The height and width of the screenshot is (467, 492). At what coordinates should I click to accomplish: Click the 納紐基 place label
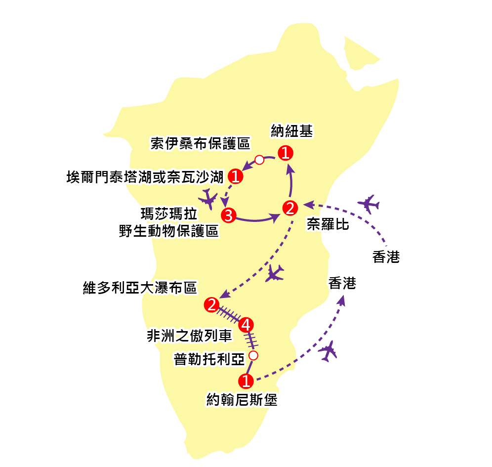point(291,131)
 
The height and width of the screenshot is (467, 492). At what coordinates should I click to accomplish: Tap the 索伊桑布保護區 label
point(200,144)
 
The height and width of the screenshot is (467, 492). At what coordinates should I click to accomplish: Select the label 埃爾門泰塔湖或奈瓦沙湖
point(145,177)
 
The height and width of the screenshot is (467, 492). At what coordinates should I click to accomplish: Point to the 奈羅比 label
point(328,224)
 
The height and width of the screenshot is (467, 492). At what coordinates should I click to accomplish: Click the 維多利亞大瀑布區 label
point(140,288)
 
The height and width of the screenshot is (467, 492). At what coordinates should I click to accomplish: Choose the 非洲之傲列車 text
point(189,336)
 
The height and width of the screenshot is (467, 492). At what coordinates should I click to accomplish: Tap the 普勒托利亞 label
point(209,359)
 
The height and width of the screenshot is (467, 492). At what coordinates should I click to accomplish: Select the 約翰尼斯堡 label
point(242,399)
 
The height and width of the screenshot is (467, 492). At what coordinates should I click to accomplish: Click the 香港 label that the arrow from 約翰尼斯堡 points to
point(342,283)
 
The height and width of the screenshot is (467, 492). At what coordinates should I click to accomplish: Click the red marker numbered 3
point(228,215)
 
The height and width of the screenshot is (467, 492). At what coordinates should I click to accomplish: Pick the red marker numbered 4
point(246,325)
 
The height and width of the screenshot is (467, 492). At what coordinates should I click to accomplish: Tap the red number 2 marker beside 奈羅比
point(290,208)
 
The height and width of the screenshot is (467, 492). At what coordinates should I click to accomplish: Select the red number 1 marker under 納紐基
point(286,153)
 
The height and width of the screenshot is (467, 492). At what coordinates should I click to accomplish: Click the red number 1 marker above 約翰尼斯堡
point(246,381)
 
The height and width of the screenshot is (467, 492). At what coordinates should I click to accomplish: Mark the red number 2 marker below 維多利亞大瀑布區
point(211,305)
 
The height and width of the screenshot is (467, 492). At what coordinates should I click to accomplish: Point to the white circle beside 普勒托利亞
point(253,356)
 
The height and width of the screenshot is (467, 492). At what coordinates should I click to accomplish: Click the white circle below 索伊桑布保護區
point(259,160)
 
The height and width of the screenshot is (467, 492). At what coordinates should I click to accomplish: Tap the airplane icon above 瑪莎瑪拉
point(208,199)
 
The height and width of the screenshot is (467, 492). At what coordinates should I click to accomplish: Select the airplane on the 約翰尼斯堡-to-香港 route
point(328,351)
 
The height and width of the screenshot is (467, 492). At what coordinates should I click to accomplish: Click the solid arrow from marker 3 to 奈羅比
point(258,220)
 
